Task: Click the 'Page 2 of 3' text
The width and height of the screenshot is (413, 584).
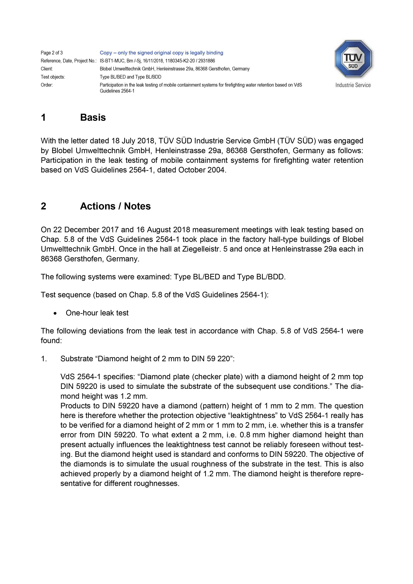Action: point(52,53)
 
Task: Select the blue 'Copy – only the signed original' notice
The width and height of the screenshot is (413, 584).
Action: point(161,53)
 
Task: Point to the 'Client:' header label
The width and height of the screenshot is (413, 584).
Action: point(47,69)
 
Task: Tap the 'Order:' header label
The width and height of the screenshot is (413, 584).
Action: point(47,85)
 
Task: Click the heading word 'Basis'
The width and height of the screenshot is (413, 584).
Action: point(93,118)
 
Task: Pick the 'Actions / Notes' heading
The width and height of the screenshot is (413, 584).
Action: point(115,206)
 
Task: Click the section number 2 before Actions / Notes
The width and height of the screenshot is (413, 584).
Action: point(43,206)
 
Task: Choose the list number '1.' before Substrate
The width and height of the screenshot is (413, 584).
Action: point(44,359)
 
